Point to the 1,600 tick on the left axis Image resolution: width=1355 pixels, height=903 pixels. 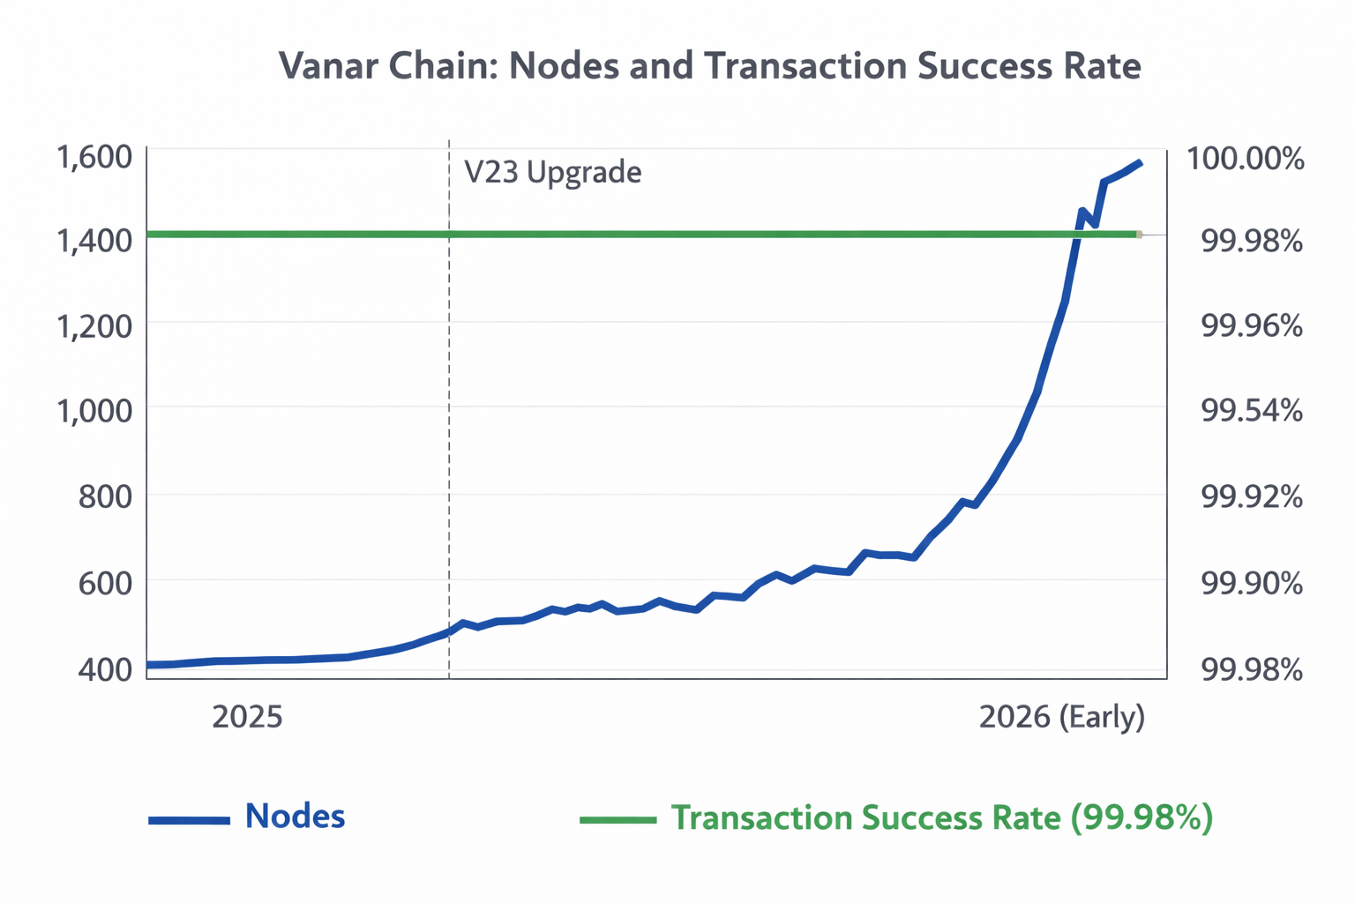pyautogui.click(x=94, y=158)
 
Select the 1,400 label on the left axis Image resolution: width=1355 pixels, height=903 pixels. pyautogui.click(x=94, y=240)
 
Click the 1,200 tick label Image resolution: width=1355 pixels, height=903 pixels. pyautogui.click(x=94, y=326)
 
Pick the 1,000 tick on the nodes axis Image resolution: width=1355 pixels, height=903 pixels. pyautogui.click(x=94, y=411)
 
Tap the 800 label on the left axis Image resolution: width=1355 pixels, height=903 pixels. pyautogui.click(x=105, y=497)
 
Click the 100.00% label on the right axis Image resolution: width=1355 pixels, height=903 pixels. pyautogui.click(x=1245, y=160)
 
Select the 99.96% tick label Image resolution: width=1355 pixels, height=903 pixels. pyautogui.click(x=1252, y=326)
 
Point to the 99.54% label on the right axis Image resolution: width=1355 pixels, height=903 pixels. pyautogui.click(x=1252, y=411)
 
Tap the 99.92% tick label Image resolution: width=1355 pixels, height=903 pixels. pyautogui.click(x=1252, y=497)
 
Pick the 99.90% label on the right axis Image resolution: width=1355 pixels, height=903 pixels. pyautogui.click(x=1252, y=584)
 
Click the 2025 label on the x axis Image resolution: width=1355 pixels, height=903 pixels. pyautogui.click(x=248, y=717)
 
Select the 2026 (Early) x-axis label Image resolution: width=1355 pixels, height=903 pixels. pyautogui.click(x=1062, y=717)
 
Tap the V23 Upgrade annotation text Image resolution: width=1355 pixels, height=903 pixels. pyautogui.click(x=553, y=172)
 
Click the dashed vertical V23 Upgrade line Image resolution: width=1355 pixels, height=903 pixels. pyautogui.click(x=449, y=441)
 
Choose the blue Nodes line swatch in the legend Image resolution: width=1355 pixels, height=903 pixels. pyautogui.click(x=189, y=820)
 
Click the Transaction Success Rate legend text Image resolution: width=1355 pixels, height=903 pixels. pyautogui.click(x=942, y=818)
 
